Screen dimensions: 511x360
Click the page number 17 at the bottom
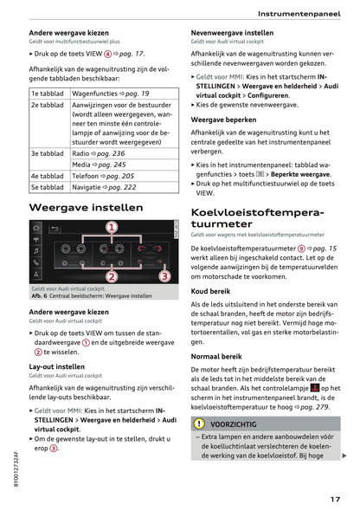(x=334, y=499)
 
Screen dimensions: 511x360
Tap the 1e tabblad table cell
(x=48, y=93)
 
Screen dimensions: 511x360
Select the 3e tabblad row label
(x=48, y=152)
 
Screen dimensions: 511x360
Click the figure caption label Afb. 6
(x=45, y=296)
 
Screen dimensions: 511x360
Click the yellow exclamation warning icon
(x=200, y=424)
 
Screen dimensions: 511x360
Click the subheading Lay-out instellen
(x=57, y=366)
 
